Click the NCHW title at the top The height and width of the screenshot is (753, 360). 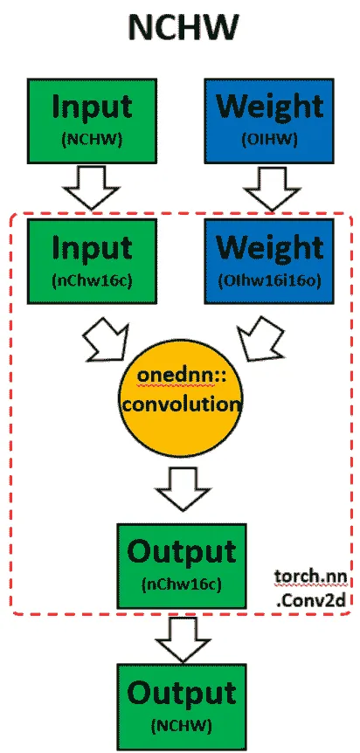click(183, 28)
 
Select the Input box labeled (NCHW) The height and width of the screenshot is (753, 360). click(92, 121)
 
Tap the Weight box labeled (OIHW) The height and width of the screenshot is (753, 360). click(268, 121)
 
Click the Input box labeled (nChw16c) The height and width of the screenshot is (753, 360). click(92, 261)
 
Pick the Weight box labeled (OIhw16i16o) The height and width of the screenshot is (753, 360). click(268, 261)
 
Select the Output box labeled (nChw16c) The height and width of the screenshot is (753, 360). click(182, 566)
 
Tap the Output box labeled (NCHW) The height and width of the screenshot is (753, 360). click(182, 707)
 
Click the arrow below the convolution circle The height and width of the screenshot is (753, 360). click(183, 489)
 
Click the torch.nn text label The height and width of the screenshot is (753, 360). click(310, 576)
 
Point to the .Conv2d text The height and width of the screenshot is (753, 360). click(312, 599)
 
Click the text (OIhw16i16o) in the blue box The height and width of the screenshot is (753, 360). click(268, 282)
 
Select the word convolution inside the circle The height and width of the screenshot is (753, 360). click(181, 404)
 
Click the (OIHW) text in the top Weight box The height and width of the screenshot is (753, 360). click(269, 140)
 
